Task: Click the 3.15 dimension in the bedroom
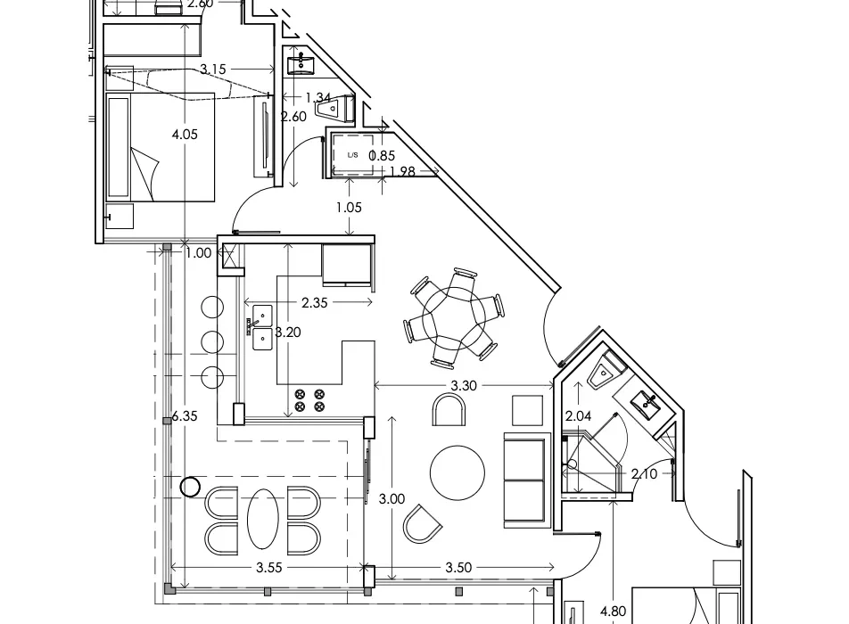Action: point(213,70)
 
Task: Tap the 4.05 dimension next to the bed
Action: point(185,135)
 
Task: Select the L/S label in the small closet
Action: point(352,155)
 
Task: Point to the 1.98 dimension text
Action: point(402,171)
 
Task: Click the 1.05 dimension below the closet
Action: point(349,208)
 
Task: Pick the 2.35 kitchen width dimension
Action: point(315,302)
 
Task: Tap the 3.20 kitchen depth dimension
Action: point(287,333)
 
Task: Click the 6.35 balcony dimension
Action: point(185,416)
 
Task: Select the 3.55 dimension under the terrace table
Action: point(269,568)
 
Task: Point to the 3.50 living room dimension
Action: point(458,568)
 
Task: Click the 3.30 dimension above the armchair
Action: point(464,385)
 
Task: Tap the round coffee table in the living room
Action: point(457,473)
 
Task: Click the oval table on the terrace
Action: point(263,520)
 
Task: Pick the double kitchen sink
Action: point(262,327)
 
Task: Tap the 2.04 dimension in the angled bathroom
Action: point(578,416)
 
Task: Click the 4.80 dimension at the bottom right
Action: point(614,612)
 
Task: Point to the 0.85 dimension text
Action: point(382,156)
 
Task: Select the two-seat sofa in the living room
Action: point(524,480)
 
